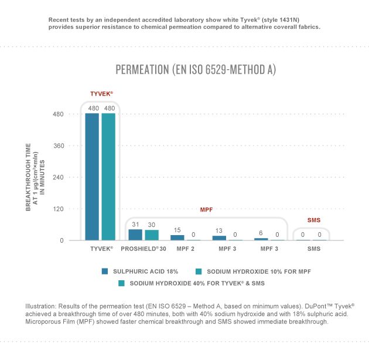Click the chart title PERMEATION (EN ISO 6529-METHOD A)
pos(196,70)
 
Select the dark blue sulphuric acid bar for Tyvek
pos(92,176)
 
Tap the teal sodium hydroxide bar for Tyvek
pos(108,176)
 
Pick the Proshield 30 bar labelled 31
pos(135,235)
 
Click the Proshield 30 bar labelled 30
pos(152,235)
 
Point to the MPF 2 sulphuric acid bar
pos(177,237)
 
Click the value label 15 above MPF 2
pos(177,230)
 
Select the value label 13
pos(220,231)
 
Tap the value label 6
pos(261,233)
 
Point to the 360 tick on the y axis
pos(57,145)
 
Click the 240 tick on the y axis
pos(57,177)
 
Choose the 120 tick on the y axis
pos(57,209)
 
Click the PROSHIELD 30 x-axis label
pos(143,249)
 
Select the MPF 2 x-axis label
pos(185,249)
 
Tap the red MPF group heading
pos(206,208)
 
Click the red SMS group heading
pos(314,220)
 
